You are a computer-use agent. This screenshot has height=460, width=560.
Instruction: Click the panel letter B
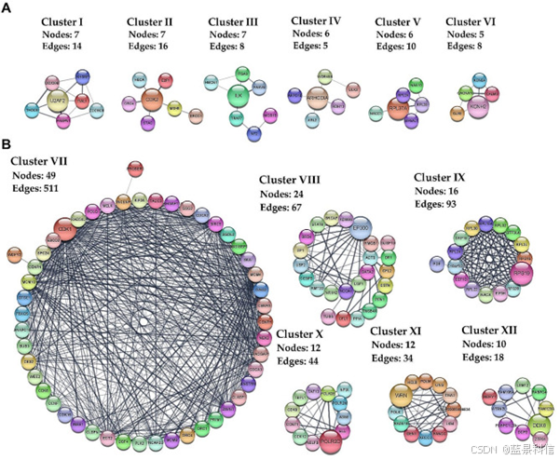click(x=7, y=145)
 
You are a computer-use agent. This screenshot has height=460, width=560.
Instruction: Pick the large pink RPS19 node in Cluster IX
click(x=522, y=273)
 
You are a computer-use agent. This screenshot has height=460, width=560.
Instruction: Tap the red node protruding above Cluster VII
click(x=136, y=168)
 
